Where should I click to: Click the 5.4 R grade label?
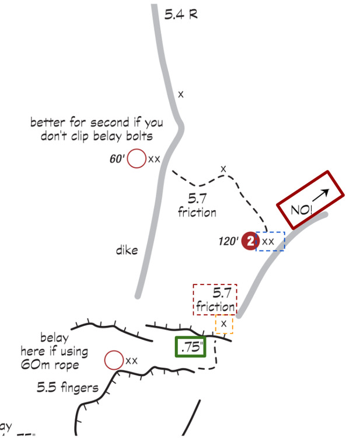click(181, 14)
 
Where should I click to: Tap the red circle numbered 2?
click(250, 241)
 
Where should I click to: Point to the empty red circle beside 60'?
click(137, 158)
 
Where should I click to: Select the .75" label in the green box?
click(192, 346)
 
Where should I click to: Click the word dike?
click(127, 251)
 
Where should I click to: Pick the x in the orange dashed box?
click(223, 324)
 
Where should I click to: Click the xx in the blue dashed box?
click(268, 241)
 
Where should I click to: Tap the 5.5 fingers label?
click(67, 387)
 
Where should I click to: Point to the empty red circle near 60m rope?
click(113, 360)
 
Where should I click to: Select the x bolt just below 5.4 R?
click(181, 94)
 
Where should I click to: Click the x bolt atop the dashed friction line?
click(223, 169)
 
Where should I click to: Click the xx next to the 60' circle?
click(154, 158)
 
